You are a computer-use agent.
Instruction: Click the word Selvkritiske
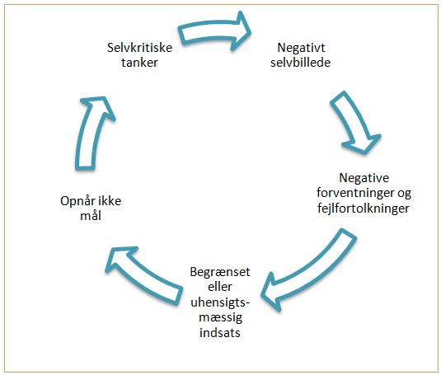coord(140,47)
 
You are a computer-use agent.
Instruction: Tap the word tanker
coord(140,63)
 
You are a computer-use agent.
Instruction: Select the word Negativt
coord(301,48)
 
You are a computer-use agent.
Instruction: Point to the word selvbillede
coord(300,63)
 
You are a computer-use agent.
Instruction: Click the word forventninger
coord(354,193)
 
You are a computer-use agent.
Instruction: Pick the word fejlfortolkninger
coord(364,209)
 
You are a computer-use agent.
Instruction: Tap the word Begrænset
coord(220,272)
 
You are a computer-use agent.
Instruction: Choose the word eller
coord(220,287)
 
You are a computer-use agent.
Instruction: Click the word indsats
coord(220,332)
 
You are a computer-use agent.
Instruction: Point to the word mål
coord(91,216)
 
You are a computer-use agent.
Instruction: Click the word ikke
coord(109,201)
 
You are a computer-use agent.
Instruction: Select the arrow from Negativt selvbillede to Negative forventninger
coord(355,124)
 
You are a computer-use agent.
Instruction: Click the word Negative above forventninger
coord(364,178)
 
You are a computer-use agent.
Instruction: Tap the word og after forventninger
coord(403,194)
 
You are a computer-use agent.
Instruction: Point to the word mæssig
coord(221,317)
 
